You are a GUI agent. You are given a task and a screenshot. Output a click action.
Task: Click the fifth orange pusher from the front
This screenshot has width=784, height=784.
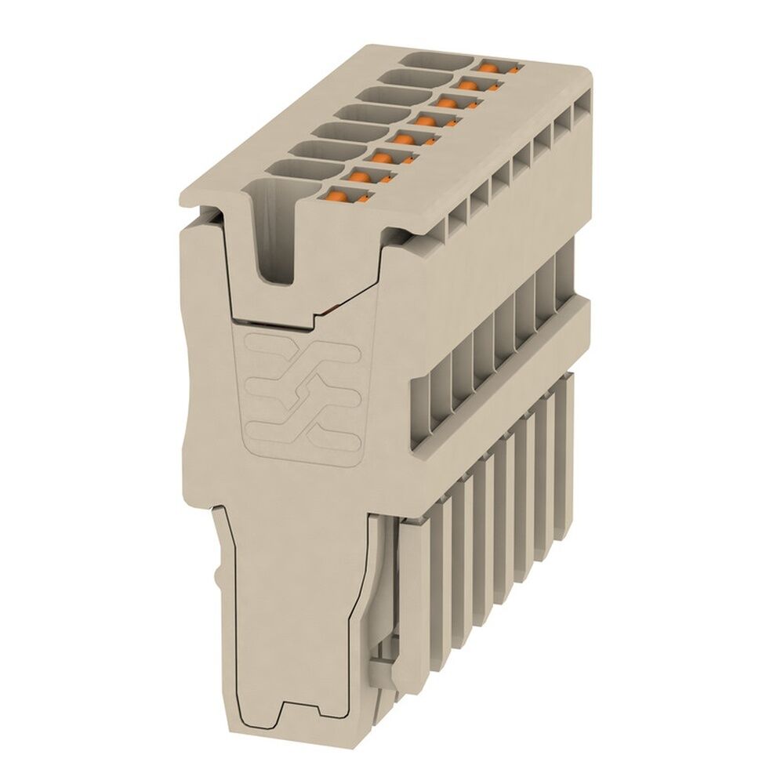(426, 120)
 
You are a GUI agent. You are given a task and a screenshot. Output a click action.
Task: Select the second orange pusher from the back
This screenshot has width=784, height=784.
(470, 83)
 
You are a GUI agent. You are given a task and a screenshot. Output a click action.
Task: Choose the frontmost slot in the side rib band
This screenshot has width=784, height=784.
(424, 416)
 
